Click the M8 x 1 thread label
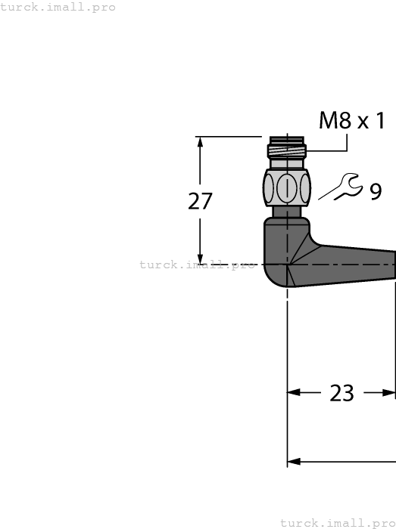coord(351,119)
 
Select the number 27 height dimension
coord(200,201)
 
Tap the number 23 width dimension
coord(342,393)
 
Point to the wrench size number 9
coord(376,192)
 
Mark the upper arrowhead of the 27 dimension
coord(201,144)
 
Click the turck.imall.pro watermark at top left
coord(58,7)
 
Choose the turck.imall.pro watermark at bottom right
coord(338,522)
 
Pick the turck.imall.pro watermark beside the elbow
coord(198,264)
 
